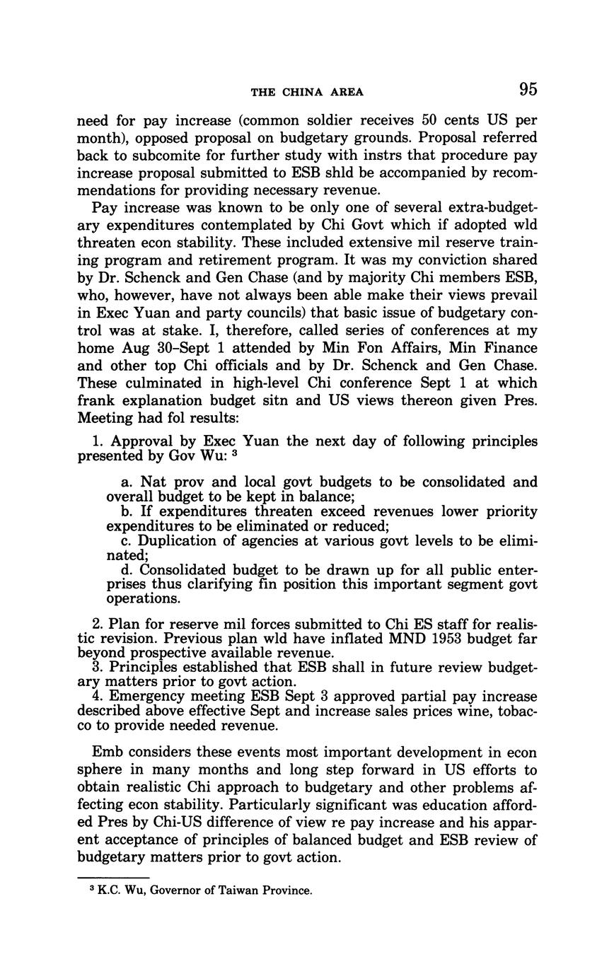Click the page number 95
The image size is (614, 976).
(528, 89)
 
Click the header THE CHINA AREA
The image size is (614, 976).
(307, 92)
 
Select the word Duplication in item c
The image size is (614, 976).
(175, 541)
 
